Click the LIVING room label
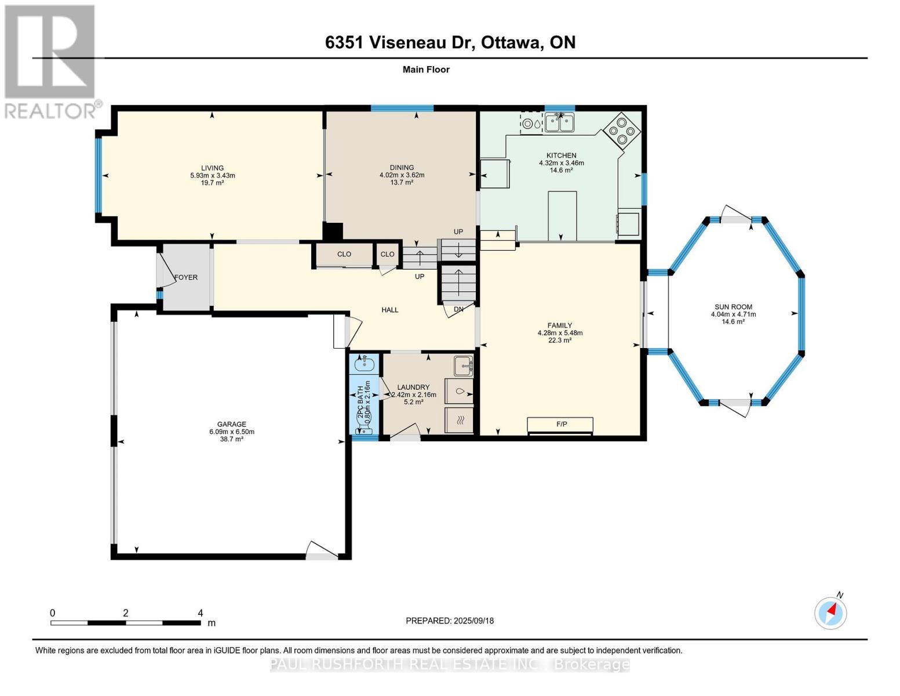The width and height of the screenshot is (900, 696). click(x=212, y=168)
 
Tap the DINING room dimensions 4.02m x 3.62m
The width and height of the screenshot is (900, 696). click(x=402, y=175)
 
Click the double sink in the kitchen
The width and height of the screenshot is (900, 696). click(x=560, y=122)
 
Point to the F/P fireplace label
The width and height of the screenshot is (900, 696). click(x=562, y=424)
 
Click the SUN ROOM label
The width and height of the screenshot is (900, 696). click(x=733, y=307)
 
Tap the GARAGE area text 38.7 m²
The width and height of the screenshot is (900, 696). click(x=232, y=439)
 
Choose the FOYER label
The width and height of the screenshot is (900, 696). click(x=186, y=277)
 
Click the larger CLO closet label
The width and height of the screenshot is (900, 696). click(x=344, y=254)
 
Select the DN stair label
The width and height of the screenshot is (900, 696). click(x=458, y=309)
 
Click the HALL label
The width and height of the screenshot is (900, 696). click(x=390, y=310)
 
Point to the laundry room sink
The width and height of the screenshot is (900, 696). click(x=464, y=366)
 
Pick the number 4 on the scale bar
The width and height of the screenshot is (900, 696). click(x=201, y=612)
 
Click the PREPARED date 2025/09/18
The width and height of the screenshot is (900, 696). click(x=474, y=621)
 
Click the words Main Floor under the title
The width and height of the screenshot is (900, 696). click(x=426, y=70)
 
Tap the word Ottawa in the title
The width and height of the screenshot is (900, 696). click(x=512, y=42)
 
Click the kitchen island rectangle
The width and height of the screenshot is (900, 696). click(x=562, y=216)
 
